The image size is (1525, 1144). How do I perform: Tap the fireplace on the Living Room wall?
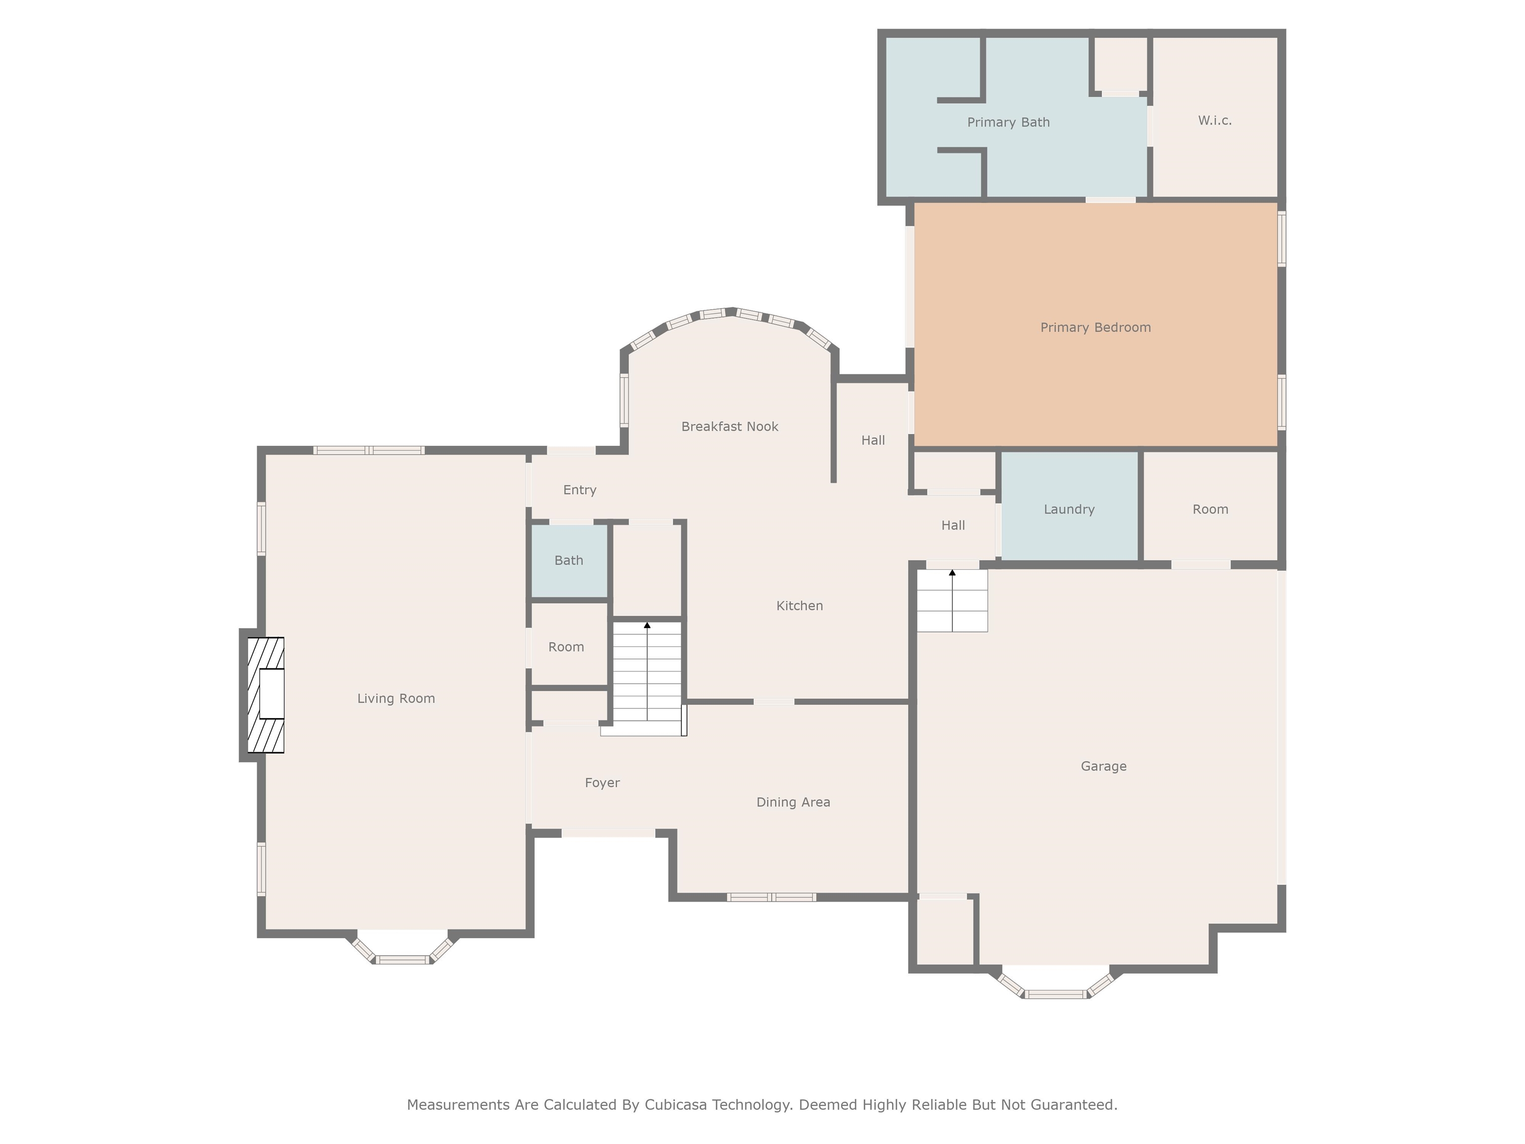(x=266, y=695)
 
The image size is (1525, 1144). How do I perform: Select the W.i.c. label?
(x=1214, y=121)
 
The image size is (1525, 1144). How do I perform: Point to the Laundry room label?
(x=1069, y=509)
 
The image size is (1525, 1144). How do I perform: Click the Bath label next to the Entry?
(x=569, y=561)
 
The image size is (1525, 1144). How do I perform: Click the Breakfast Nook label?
(x=729, y=427)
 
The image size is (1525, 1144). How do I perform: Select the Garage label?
(x=1103, y=766)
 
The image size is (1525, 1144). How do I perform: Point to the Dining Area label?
(x=793, y=802)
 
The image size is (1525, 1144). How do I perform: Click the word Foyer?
(x=602, y=783)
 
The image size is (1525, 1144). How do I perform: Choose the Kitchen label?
(x=799, y=606)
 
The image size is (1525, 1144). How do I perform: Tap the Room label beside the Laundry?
(x=1210, y=509)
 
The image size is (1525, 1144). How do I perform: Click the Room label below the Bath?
(x=566, y=647)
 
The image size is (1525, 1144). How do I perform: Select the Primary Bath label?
(x=1008, y=123)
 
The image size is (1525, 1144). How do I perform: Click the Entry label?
(x=579, y=490)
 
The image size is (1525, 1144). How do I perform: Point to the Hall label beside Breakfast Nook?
(x=873, y=440)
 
